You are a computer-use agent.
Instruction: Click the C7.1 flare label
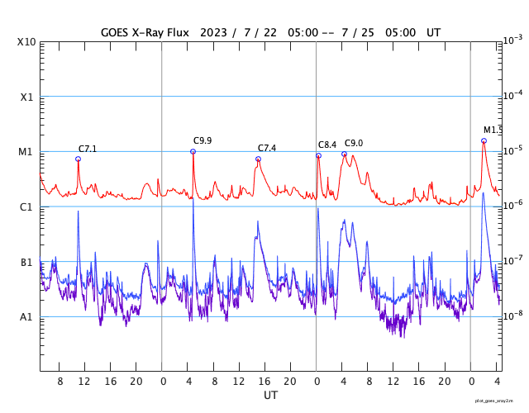tap(88, 149)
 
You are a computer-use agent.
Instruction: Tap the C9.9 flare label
tap(203, 140)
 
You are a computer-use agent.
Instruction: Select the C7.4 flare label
tap(267, 148)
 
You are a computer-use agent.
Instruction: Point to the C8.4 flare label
tap(327, 145)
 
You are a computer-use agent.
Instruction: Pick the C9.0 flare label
tap(354, 143)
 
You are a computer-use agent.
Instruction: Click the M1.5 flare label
tap(493, 130)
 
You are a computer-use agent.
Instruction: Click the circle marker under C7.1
tap(79, 159)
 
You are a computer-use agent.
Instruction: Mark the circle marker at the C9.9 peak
tap(193, 151)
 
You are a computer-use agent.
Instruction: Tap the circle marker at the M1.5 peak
tap(484, 140)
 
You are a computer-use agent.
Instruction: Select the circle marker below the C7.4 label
tap(258, 159)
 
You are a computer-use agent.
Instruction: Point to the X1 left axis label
tap(27, 97)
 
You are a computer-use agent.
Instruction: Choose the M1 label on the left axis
tap(26, 152)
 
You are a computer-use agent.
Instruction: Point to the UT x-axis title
tap(270, 396)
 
